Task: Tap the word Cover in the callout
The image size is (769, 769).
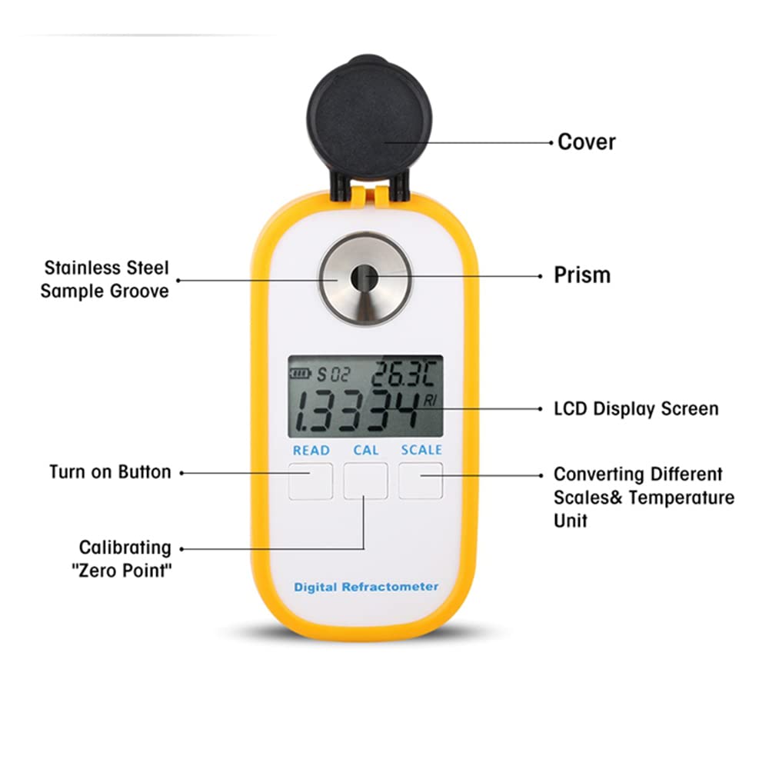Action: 587,142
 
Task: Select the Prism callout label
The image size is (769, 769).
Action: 582,275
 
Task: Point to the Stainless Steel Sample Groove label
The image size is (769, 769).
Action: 105,279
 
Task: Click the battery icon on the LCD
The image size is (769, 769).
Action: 299,375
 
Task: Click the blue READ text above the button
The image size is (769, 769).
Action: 311,451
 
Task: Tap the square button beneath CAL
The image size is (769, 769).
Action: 365,481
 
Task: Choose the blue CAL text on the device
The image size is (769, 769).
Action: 366,451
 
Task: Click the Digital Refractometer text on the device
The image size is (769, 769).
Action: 366,588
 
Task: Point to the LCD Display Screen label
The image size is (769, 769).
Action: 636,408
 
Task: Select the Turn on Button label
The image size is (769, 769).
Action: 110,472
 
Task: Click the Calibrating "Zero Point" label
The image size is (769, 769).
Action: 125,559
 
